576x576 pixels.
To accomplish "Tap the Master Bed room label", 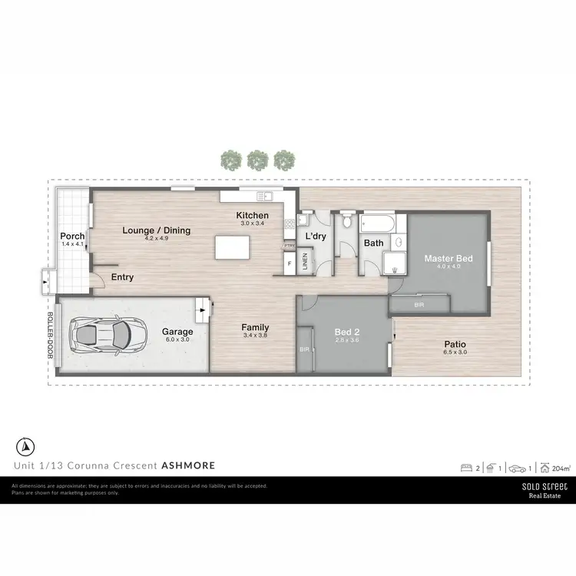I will (x=449, y=258).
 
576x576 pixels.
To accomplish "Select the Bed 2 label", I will (x=343, y=332).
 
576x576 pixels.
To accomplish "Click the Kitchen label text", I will (x=252, y=215).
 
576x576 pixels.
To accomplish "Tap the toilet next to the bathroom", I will (x=347, y=223).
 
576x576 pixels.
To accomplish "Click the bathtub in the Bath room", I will (x=379, y=224).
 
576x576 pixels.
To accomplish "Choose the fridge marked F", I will (x=289, y=264).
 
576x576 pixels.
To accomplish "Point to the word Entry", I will (x=122, y=277).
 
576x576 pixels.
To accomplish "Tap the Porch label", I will (x=72, y=236).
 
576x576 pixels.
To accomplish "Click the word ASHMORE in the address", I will (x=188, y=465).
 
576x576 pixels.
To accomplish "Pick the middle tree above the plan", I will (x=256, y=160).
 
